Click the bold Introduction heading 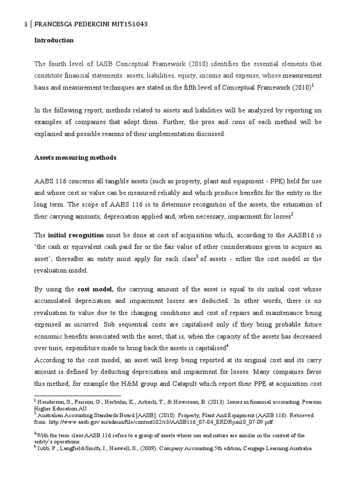54,40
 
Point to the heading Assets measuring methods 75,158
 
